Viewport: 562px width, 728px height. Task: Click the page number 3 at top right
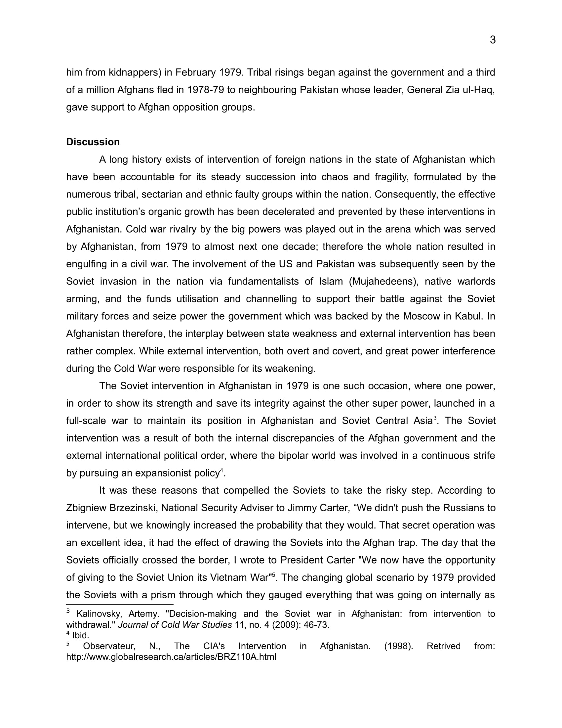[493, 40]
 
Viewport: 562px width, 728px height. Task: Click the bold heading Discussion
[93, 142]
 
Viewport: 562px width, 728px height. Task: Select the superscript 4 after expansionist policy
[221, 470]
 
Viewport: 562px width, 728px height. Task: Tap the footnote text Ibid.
[81, 635]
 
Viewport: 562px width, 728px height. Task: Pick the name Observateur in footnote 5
[109, 646]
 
